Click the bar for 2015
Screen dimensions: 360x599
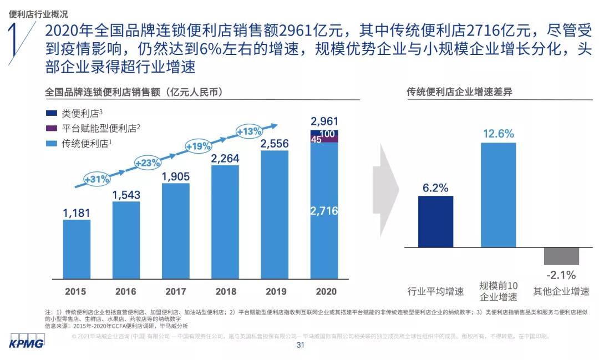pyautogui.click(x=77, y=249)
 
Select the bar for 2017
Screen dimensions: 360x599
pyautogui.click(x=176, y=231)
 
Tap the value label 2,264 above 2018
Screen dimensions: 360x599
pyautogui.click(x=225, y=159)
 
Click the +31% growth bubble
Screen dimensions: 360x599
pyautogui.click(x=97, y=179)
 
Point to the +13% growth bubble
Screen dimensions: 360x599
pyautogui.click(x=249, y=131)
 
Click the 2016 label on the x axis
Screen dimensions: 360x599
pyautogui.click(x=126, y=291)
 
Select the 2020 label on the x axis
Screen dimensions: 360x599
pyautogui.click(x=325, y=291)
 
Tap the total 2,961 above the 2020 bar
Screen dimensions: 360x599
pyautogui.click(x=324, y=121)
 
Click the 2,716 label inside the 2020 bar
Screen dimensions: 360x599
pyautogui.click(x=324, y=211)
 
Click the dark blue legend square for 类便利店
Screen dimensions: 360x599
pyautogui.click(x=52, y=113)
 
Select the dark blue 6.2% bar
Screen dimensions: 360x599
pyautogui.click(x=435, y=221)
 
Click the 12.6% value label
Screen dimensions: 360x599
pyautogui.click(x=498, y=134)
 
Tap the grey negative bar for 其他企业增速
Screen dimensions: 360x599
pyautogui.click(x=561, y=256)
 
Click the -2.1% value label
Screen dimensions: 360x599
pyautogui.click(x=561, y=275)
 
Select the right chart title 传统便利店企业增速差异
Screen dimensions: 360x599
pyautogui.click(x=459, y=92)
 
